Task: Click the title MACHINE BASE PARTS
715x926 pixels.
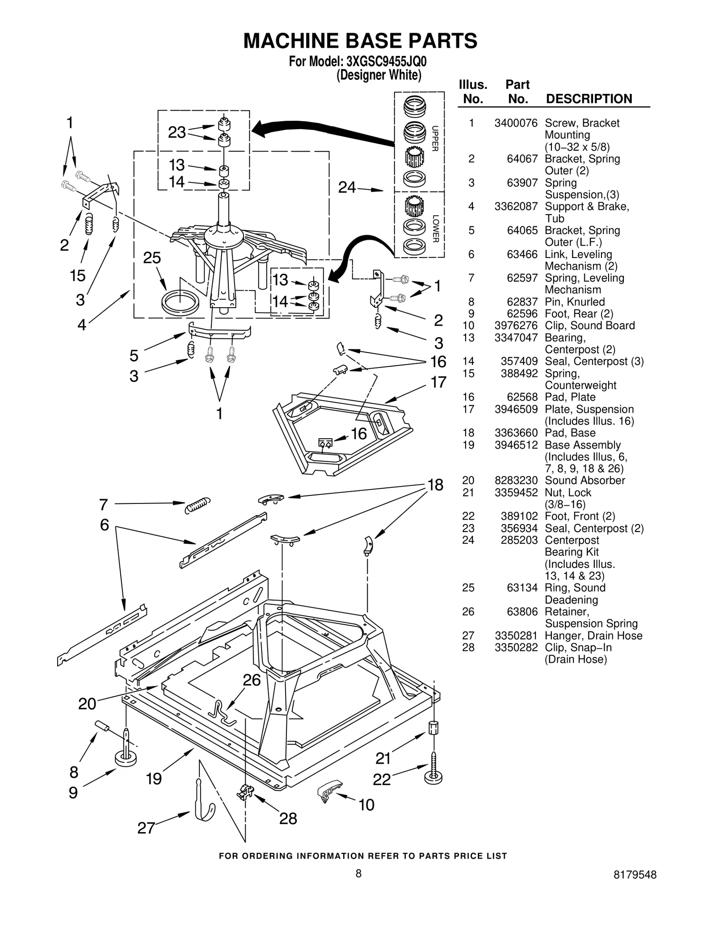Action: click(360, 41)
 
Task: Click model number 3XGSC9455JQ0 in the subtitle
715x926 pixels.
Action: click(383, 61)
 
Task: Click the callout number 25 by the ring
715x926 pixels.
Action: click(152, 258)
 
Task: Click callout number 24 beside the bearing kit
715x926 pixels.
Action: click(347, 187)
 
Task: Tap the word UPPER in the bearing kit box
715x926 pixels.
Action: click(435, 138)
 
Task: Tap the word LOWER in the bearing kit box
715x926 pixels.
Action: click(435, 229)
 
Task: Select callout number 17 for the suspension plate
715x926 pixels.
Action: click(438, 382)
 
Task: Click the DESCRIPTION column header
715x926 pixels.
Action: click(589, 99)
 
